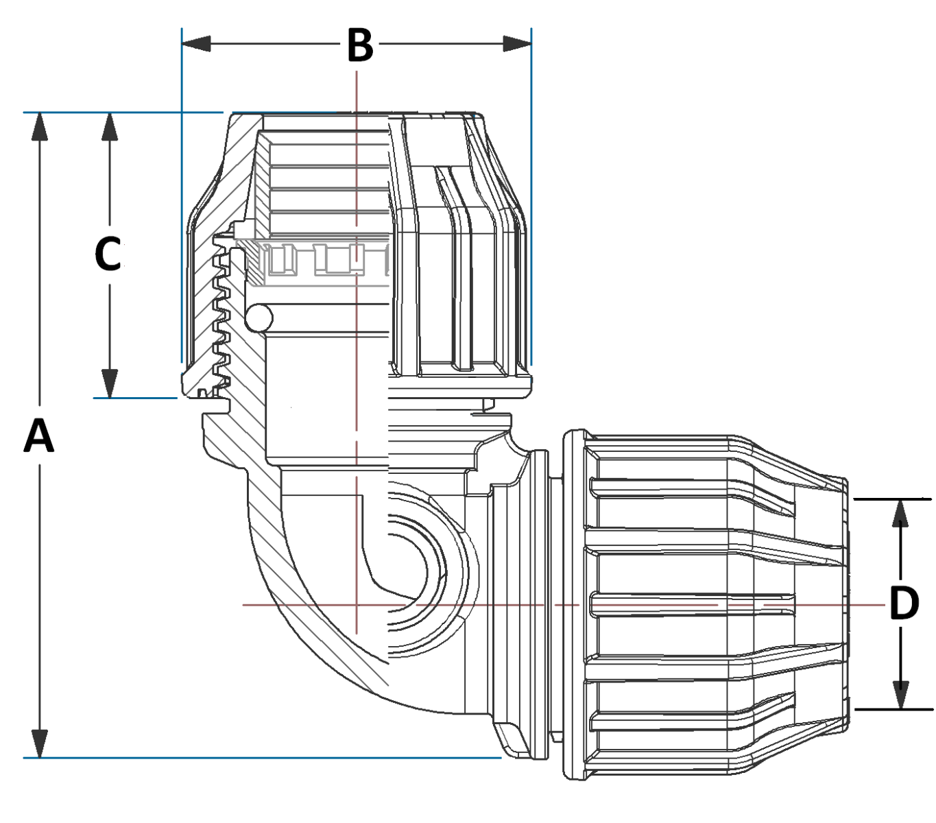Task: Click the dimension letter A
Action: point(39,436)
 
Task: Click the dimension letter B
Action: point(359,45)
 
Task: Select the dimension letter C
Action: point(108,254)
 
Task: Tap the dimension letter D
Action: point(904,604)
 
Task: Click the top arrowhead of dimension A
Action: point(40,126)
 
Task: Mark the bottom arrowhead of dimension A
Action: point(40,743)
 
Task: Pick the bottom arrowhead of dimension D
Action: point(900,695)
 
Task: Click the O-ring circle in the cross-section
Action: point(259,318)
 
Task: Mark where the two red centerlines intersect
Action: point(357,605)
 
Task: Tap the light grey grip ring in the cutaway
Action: point(322,259)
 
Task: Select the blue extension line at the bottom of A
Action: point(261,758)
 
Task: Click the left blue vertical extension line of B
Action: point(182,206)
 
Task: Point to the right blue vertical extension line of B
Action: point(531,206)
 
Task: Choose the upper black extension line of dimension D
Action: point(891,499)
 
